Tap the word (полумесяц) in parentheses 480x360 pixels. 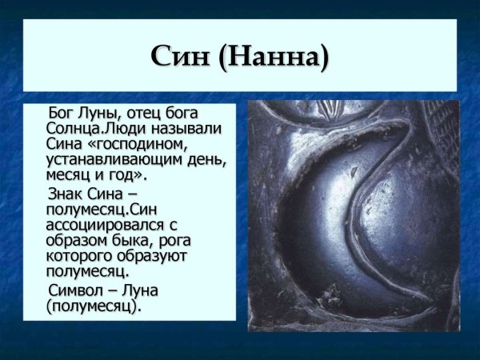93,306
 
